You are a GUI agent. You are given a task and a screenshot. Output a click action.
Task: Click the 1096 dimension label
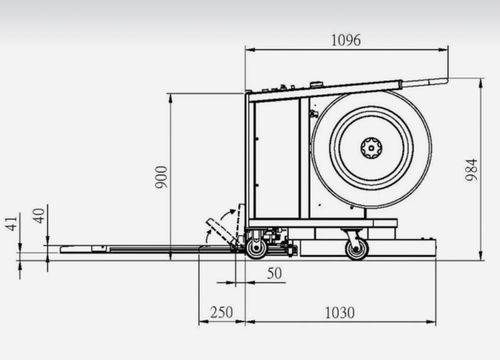click(x=346, y=41)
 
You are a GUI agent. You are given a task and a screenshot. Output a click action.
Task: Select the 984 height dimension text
click(x=472, y=170)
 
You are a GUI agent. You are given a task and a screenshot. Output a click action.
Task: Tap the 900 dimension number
click(x=161, y=177)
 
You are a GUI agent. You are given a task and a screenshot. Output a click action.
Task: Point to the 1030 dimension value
click(x=340, y=313)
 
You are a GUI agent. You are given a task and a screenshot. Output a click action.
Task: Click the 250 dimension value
click(x=221, y=313)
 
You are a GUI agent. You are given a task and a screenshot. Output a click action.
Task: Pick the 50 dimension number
click(x=274, y=274)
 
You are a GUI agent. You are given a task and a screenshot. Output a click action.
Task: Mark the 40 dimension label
click(x=39, y=216)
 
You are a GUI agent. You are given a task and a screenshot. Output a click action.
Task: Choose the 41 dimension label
click(x=11, y=224)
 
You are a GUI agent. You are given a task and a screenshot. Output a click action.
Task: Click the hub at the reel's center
click(x=371, y=148)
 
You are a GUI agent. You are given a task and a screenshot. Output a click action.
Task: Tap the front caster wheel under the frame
click(x=256, y=248)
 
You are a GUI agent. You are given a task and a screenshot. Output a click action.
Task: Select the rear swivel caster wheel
click(x=357, y=249)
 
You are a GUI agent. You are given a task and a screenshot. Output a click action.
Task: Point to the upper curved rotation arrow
click(x=228, y=213)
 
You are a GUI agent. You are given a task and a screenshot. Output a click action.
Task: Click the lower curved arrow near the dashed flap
click(x=208, y=237)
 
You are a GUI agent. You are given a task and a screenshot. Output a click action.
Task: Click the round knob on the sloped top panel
click(x=316, y=84)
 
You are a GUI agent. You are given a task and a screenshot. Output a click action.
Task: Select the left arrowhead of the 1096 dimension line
click(x=250, y=50)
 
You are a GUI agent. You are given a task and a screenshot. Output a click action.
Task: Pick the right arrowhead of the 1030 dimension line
click(x=431, y=322)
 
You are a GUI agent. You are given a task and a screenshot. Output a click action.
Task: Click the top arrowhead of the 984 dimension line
click(x=481, y=83)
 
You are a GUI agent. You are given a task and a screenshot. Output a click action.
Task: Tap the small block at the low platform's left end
click(x=99, y=248)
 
